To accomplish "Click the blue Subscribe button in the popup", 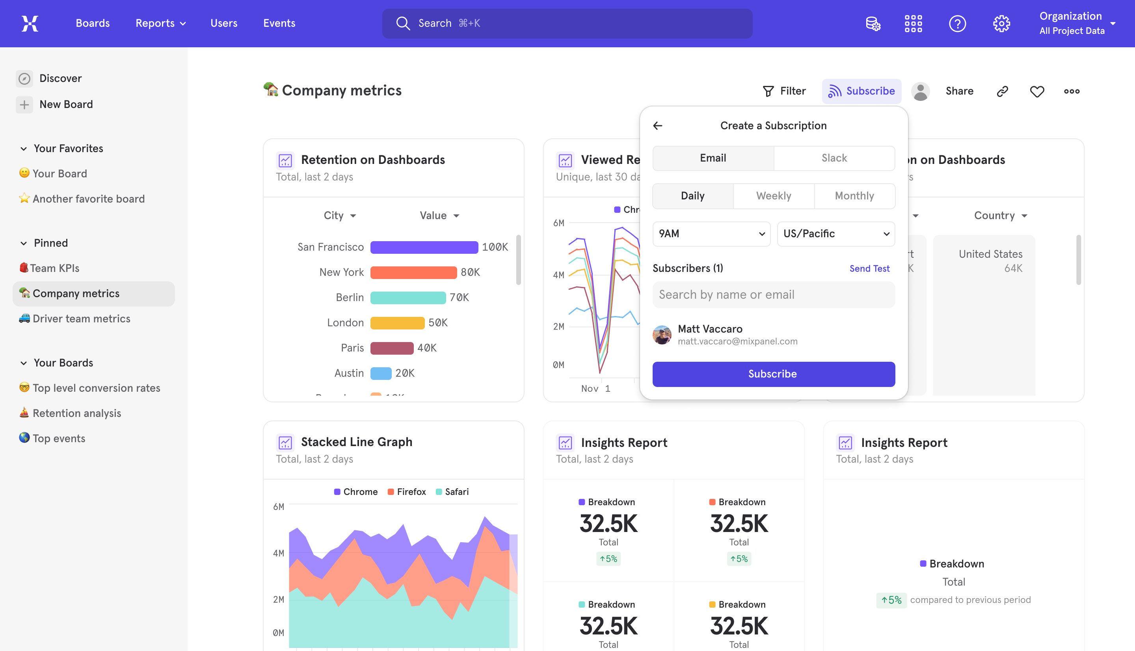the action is [773, 374].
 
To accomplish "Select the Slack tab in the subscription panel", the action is [834, 158].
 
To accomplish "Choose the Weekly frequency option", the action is [773, 196].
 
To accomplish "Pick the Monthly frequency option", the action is [854, 196].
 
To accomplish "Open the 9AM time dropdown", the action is [711, 234].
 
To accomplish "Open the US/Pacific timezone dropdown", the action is [836, 234].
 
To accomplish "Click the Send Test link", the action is [869, 268].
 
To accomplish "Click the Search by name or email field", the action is [773, 295].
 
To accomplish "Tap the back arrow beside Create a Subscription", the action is [658, 126].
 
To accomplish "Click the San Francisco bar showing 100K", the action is [424, 247].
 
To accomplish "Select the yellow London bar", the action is [397, 323].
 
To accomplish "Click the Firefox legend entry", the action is [407, 492].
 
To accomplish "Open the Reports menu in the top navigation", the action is [160, 23].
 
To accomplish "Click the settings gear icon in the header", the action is [1001, 23].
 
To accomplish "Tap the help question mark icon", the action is [958, 23].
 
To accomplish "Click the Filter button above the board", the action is [784, 91].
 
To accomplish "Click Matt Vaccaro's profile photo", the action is [662, 335].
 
